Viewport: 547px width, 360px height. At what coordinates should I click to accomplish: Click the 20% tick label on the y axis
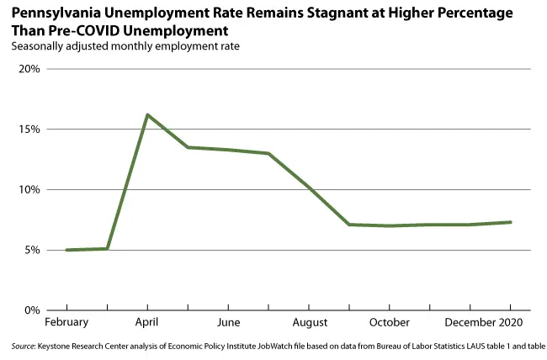[29, 69]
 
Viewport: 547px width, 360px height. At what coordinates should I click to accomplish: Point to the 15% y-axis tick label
[29, 130]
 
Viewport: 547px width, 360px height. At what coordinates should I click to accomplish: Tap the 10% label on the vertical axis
[29, 190]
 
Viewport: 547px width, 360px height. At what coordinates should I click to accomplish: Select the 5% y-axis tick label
[32, 251]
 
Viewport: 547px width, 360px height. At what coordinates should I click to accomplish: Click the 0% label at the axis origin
[32, 310]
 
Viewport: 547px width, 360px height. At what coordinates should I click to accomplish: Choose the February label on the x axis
[66, 323]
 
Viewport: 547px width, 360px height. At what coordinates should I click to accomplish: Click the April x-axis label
[147, 323]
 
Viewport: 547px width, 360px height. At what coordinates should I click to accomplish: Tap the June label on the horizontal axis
[228, 323]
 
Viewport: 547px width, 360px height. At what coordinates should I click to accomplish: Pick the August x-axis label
[310, 323]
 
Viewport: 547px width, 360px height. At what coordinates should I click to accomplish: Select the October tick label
[390, 323]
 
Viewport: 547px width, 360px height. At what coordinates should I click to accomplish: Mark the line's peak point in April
[147, 114]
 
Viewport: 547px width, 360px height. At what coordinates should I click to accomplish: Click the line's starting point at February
[66, 250]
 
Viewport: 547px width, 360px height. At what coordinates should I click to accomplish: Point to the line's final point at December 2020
[511, 222]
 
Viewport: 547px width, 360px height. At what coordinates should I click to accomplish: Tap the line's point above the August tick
[310, 188]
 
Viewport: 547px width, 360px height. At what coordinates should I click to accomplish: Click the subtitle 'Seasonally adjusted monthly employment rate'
[126, 46]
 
